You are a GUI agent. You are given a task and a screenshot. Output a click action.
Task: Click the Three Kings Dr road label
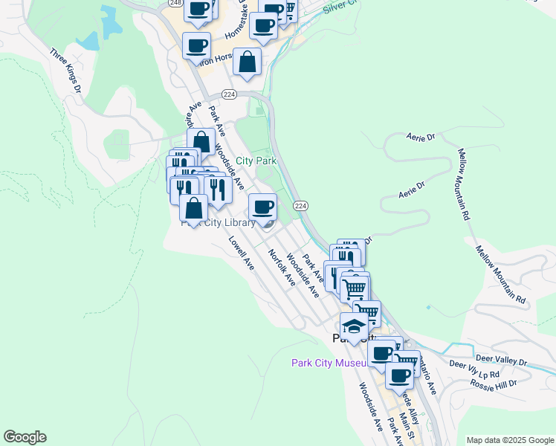(65, 71)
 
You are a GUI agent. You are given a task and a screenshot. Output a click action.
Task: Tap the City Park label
(256, 161)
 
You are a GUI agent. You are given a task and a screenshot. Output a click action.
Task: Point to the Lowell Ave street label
(242, 253)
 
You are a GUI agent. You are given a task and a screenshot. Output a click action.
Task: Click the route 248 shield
(175, 4)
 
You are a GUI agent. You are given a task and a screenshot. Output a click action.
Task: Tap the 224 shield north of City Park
(229, 94)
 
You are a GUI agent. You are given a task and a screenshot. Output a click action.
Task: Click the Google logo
(25, 437)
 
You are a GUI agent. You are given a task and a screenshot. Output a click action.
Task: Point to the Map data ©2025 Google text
(510, 440)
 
